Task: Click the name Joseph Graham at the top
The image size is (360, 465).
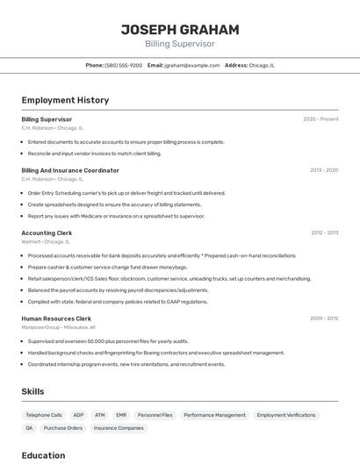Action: (x=179, y=29)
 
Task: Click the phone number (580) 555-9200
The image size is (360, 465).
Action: (x=123, y=65)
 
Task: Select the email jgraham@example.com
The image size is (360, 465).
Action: (x=191, y=65)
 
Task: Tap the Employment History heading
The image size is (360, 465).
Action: (x=65, y=100)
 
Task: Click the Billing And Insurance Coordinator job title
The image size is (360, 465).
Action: (x=70, y=170)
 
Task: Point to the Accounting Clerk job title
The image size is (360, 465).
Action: (x=47, y=232)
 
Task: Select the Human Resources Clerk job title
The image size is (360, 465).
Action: (x=56, y=318)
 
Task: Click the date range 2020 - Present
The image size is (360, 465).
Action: (x=320, y=119)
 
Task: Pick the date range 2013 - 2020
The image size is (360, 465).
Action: (x=324, y=170)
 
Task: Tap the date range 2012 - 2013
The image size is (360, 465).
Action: (x=324, y=232)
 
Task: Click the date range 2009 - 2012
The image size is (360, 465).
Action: (x=324, y=318)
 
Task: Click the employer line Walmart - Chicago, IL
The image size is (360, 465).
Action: (x=46, y=241)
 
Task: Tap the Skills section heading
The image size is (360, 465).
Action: (x=33, y=391)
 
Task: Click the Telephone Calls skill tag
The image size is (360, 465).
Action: (x=44, y=415)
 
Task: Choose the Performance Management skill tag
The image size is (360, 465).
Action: (x=214, y=415)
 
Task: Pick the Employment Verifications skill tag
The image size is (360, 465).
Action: (x=285, y=415)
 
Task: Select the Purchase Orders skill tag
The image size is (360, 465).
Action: (x=63, y=428)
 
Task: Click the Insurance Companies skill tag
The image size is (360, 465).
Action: (x=119, y=428)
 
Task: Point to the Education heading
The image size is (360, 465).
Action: (x=43, y=455)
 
